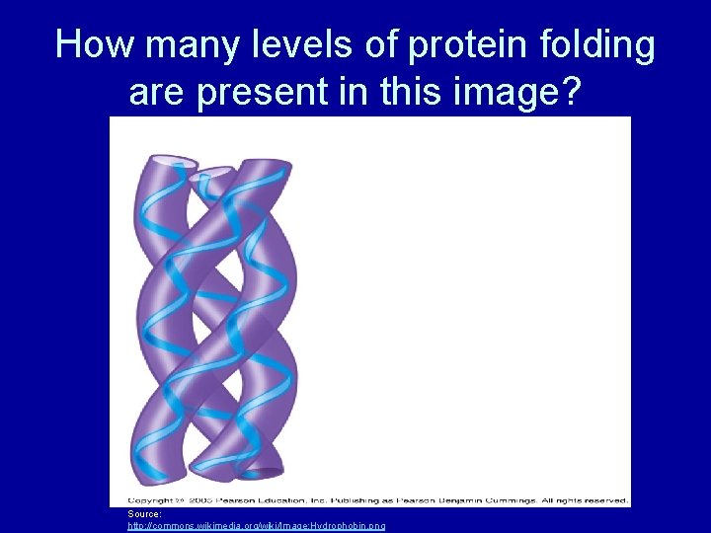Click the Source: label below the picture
pos(144,514)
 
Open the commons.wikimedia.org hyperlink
pos(257,526)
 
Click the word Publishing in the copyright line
pos(327,501)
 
